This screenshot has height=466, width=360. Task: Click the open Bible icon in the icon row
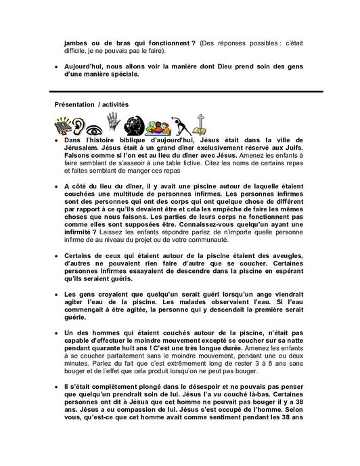pos(64,125)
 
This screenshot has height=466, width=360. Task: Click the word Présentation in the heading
pos(77,103)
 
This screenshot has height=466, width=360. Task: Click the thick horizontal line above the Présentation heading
pos(180,91)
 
